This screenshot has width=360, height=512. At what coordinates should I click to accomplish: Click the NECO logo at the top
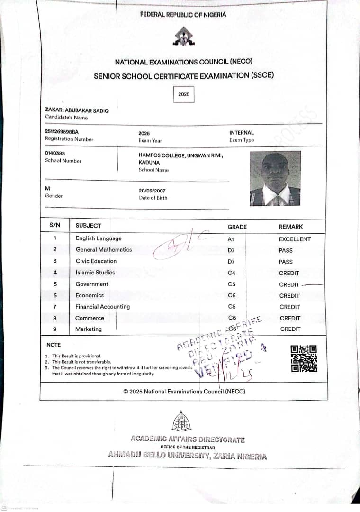[x=183, y=37]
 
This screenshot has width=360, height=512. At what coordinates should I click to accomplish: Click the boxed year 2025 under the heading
[x=184, y=94]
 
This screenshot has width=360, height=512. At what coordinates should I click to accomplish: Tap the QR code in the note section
[x=304, y=358]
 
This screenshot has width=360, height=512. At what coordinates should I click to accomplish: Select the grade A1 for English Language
[x=231, y=239]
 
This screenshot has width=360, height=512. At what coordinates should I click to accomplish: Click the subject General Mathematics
[x=104, y=250]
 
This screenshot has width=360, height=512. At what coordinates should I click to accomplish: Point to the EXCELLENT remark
[x=295, y=239]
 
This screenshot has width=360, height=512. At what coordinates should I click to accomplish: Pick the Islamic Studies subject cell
[x=95, y=273]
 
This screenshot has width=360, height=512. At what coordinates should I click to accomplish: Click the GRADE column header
[x=237, y=227]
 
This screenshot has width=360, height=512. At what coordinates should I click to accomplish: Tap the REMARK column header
[x=291, y=227]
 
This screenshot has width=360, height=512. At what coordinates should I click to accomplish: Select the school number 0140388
[x=55, y=153]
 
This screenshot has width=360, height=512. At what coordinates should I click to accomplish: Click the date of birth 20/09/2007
[x=152, y=191]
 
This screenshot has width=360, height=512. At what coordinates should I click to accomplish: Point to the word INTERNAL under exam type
[x=242, y=133]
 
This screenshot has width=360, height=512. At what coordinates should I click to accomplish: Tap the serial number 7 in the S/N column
[x=55, y=307]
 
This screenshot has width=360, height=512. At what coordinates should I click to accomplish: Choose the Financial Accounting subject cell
[x=102, y=307]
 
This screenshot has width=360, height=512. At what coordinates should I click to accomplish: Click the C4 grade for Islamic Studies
[x=232, y=273]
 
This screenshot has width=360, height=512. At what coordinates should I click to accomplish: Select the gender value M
[x=47, y=189]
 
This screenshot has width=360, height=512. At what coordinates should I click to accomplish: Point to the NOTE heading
[x=54, y=345]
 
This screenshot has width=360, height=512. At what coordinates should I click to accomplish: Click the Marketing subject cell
[x=89, y=329]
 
